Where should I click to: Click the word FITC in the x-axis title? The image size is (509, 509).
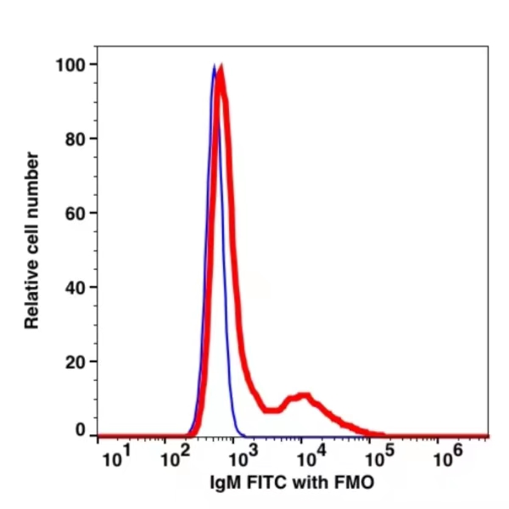(x=264, y=482)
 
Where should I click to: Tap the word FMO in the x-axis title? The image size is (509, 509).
(x=350, y=482)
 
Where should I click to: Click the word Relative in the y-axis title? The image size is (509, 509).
(x=33, y=293)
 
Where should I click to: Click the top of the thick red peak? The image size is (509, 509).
(x=221, y=73)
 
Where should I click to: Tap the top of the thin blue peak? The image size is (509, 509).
(x=214, y=66)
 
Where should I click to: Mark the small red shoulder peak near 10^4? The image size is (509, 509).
(x=302, y=397)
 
